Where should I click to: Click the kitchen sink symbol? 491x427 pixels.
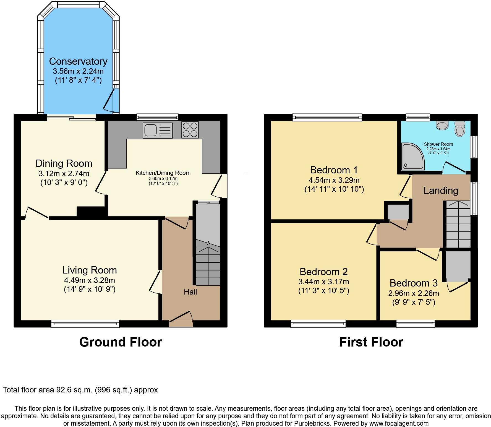coord(158,130)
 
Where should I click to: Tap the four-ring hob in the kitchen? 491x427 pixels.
coord(190,130)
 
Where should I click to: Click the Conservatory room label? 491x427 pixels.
coord(78,61)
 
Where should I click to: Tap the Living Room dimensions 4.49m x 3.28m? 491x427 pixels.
coord(89,280)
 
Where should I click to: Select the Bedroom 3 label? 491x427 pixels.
coord(414,283)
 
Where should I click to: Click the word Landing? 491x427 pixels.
coord(441,190)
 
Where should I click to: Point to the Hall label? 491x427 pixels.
coord(190,292)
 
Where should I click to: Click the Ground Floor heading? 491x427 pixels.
coord(121,342)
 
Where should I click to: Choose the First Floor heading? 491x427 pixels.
coord(371,342)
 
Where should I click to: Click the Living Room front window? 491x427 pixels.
coord(85,324)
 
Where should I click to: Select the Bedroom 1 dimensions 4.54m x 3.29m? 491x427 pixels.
coord(334,180)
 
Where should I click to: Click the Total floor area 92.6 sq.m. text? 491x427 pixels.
coord(80,390)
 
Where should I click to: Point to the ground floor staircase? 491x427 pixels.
coord(208,263)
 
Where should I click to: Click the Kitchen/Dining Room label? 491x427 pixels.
coord(163,173)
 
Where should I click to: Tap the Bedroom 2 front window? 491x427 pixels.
coord(318,324)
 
